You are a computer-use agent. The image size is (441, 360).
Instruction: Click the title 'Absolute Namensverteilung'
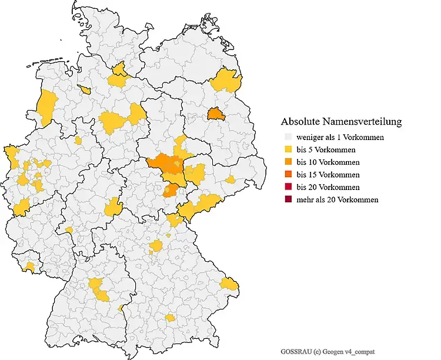[x=341, y=122]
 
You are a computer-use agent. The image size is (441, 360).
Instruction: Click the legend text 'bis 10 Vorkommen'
[x=328, y=162]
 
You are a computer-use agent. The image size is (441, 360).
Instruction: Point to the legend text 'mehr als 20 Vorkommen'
[x=337, y=199]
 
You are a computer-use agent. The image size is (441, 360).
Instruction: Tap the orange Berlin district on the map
[x=216, y=113]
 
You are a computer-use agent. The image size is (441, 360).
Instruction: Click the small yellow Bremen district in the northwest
[x=86, y=89]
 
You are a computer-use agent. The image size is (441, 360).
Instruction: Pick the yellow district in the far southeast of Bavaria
[x=230, y=285]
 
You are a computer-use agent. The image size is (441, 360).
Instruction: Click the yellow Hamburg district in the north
[x=120, y=72]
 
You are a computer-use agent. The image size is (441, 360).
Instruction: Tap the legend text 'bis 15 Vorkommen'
[x=328, y=175]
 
